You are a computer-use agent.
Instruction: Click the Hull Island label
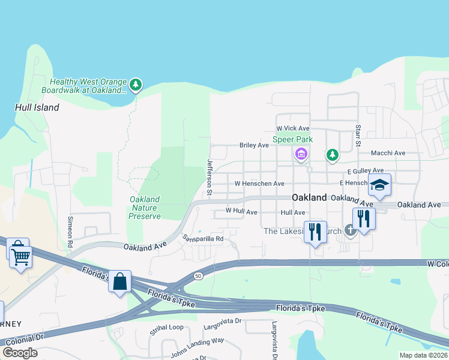[37, 107]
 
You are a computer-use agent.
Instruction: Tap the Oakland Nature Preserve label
[145, 208]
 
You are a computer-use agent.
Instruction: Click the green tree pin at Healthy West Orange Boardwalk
[136, 85]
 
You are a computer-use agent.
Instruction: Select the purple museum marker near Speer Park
[301, 155]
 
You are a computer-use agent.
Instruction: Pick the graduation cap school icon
[379, 185]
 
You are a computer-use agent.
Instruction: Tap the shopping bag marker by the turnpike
[119, 281]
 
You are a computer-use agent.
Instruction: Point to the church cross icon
[350, 231]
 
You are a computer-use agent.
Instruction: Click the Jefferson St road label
[210, 178]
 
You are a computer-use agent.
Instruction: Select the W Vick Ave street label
[292, 128]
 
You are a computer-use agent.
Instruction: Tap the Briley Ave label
[254, 145]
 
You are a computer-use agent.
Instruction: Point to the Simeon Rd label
[70, 232]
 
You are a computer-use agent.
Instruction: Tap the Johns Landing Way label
[197, 348]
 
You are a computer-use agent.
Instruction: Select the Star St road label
[358, 136]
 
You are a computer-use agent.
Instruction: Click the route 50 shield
[197, 275]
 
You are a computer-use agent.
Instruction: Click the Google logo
[20, 353]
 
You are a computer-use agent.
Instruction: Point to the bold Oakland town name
[309, 197]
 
